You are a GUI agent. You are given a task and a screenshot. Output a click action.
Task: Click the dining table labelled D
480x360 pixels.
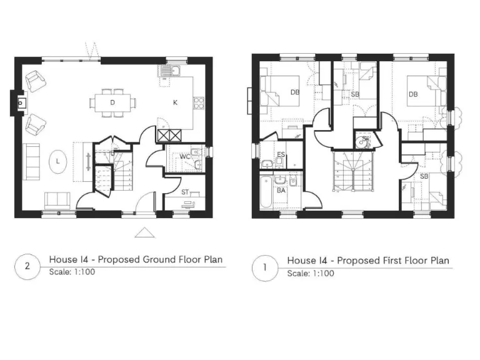click(x=112, y=102)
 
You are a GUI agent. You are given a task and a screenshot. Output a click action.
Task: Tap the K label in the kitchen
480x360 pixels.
click(x=175, y=102)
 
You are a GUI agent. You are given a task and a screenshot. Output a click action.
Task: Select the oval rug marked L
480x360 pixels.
click(x=58, y=161)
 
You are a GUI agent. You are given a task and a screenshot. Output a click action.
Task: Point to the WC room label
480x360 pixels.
click(x=185, y=156)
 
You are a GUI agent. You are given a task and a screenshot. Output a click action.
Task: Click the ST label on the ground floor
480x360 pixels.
click(x=185, y=192)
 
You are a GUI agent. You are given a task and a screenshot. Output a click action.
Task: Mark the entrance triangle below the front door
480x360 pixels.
click(x=145, y=233)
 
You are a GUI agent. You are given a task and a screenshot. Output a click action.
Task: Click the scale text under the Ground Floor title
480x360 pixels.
click(x=72, y=272)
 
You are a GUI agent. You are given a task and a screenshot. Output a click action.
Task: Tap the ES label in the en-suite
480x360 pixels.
click(x=281, y=154)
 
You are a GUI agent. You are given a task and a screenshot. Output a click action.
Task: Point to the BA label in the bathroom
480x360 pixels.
click(x=281, y=189)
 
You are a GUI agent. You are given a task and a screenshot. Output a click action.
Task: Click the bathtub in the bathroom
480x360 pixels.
click(x=266, y=194)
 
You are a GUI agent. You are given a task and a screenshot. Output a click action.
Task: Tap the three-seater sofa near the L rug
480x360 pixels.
click(x=31, y=161)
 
